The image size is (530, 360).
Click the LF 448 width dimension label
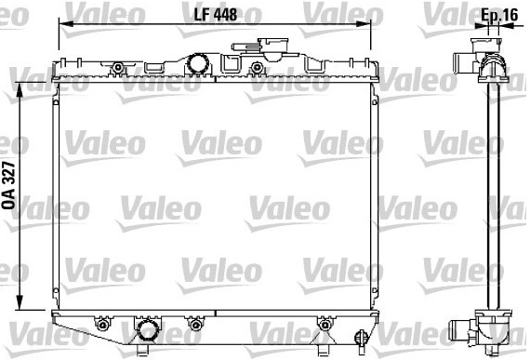(216, 14)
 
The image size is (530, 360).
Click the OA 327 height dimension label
(9, 185)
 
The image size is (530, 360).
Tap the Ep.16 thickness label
(499, 15)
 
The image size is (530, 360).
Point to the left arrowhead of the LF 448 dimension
(66, 24)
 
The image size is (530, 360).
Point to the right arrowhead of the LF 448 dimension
(364, 24)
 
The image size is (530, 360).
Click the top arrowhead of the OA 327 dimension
(20, 89)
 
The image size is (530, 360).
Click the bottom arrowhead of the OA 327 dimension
(20, 302)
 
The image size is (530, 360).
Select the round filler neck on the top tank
(198, 63)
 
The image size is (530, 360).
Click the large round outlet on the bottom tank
(148, 329)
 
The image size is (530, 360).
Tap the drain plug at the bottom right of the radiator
(361, 338)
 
